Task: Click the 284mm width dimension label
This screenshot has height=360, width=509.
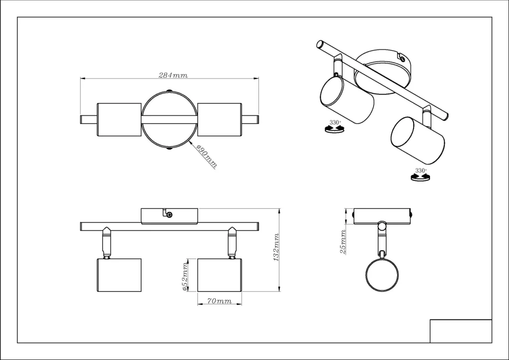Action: coord(173,75)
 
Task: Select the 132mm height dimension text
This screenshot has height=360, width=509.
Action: coord(276,247)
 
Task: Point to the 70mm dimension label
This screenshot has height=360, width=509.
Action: coord(219,301)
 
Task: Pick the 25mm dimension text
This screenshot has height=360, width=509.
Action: coord(342,242)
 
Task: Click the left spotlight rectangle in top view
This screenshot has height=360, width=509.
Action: coord(119,119)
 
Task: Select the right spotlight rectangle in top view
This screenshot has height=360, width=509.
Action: coord(219,119)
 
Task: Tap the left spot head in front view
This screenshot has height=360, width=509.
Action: coord(119,275)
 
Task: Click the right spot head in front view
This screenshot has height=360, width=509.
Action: coord(219,275)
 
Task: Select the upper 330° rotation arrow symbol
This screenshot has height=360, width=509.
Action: coord(335,129)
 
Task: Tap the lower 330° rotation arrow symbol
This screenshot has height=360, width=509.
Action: coord(421,177)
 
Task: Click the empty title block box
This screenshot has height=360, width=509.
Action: coord(461,331)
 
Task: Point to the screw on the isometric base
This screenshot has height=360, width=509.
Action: coord(403,59)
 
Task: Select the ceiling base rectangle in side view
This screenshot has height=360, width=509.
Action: coord(382,216)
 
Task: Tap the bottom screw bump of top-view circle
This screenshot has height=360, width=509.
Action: coord(169,149)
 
